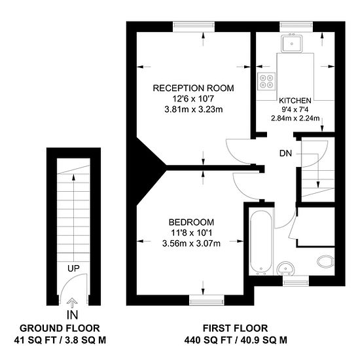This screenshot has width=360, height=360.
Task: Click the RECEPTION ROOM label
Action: coord(193,88)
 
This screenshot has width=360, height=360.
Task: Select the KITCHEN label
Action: coord(294,100)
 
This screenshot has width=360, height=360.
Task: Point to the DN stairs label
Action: coord(285,154)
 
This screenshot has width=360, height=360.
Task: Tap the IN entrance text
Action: coord(73,315)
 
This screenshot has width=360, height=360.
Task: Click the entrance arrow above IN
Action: coord(73,302)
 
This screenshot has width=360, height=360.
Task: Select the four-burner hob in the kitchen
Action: coord(266,82)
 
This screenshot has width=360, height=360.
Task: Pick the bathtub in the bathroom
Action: coord(260,241)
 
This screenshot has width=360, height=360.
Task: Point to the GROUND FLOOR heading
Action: coord(60,328)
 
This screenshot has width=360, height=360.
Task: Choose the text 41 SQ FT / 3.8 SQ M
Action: coord(60,340)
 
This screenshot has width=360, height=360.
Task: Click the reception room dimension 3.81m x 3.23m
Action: coord(193,109)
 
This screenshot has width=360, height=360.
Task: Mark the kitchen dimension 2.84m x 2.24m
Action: coord(295,118)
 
